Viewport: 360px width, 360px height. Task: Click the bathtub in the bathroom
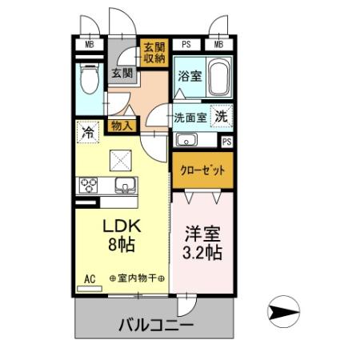click(x=218, y=77)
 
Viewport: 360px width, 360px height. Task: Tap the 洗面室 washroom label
click(x=190, y=117)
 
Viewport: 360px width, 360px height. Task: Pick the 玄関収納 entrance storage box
click(x=153, y=51)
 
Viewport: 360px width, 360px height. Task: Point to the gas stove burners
click(x=87, y=186)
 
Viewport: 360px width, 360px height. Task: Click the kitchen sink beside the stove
click(x=124, y=186)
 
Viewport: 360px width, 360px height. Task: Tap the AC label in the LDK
click(x=90, y=278)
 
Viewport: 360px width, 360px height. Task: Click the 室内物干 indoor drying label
click(x=136, y=278)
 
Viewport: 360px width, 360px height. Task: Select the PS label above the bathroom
click(x=186, y=45)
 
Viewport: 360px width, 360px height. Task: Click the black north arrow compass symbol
click(x=285, y=309)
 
